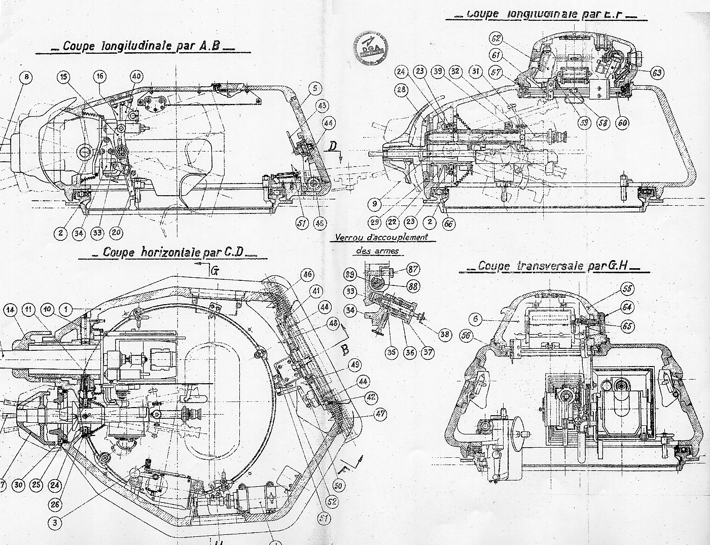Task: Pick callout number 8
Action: pyautogui.click(x=27, y=78)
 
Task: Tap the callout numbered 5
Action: pyautogui.click(x=314, y=88)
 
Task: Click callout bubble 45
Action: pyautogui.click(x=320, y=223)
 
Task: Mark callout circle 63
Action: pyautogui.click(x=657, y=72)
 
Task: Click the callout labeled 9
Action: pyautogui.click(x=374, y=205)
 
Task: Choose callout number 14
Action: pyautogui.click(x=11, y=309)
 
